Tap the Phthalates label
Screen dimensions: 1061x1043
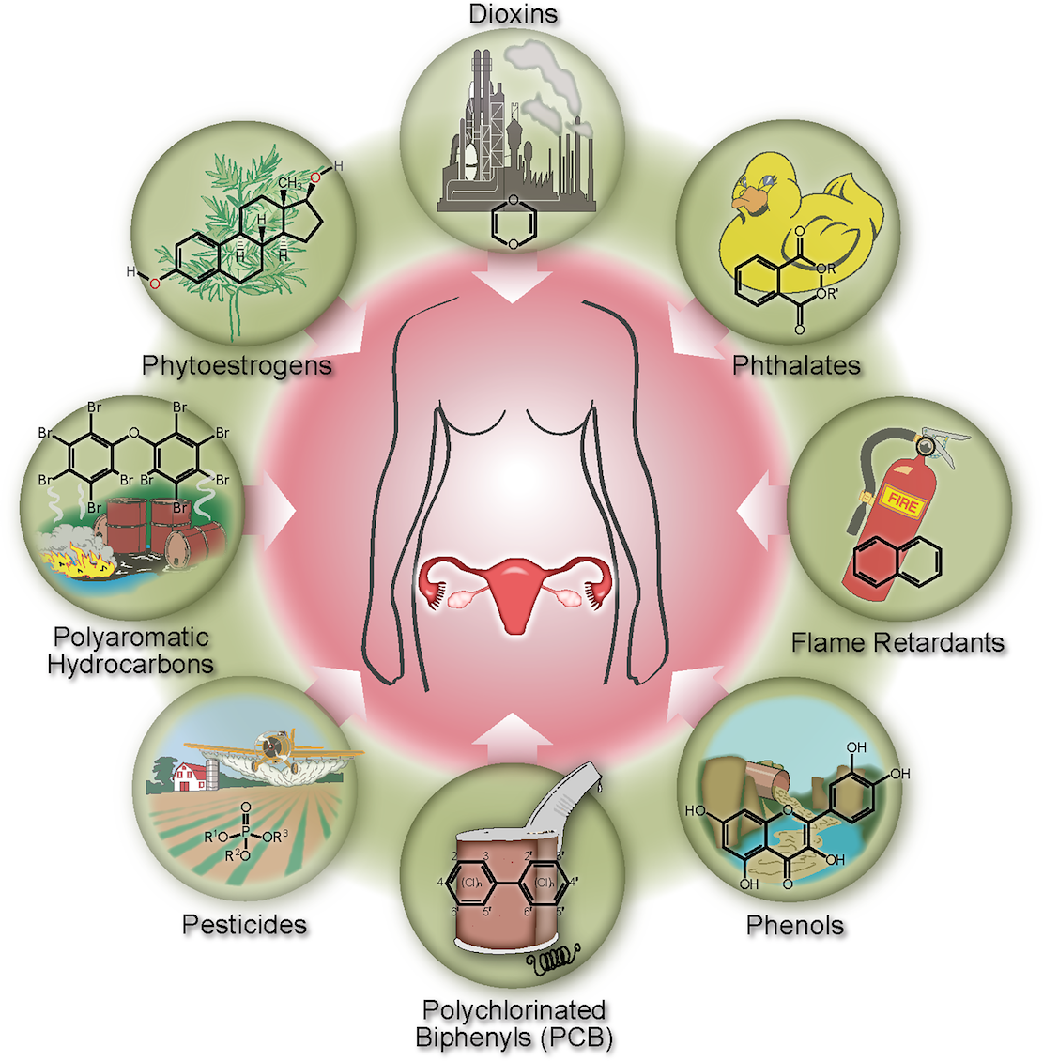pyautogui.click(x=796, y=365)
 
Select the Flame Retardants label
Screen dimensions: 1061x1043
pyautogui.click(x=897, y=643)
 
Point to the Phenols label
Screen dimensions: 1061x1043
pyautogui.click(x=795, y=925)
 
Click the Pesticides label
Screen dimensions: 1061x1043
pyautogui.click(x=244, y=925)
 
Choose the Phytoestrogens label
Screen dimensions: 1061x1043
pyautogui.click(x=237, y=365)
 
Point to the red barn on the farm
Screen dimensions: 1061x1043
pyautogui.click(x=189, y=777)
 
